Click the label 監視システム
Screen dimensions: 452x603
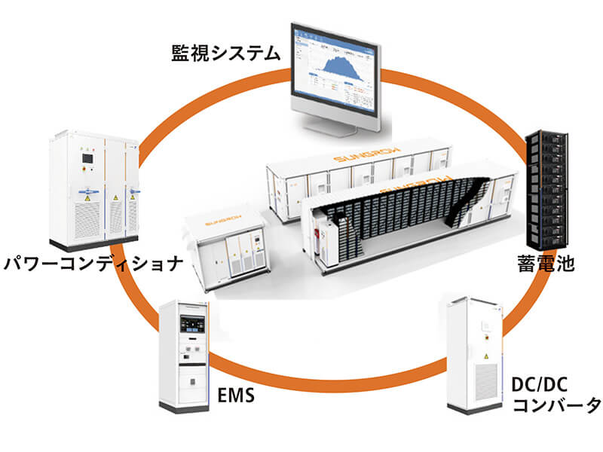[x=225, y=53]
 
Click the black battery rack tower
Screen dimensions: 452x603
[x=549, y=188]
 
